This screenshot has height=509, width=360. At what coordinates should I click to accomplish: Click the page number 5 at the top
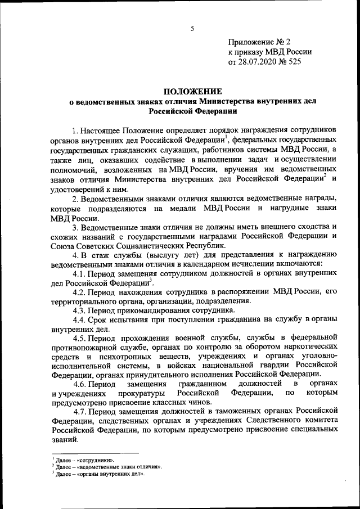pos(192,29)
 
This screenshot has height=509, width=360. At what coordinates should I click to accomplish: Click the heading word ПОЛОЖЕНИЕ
pos(192,91)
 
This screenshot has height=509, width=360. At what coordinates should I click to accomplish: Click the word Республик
pos(206,246)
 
